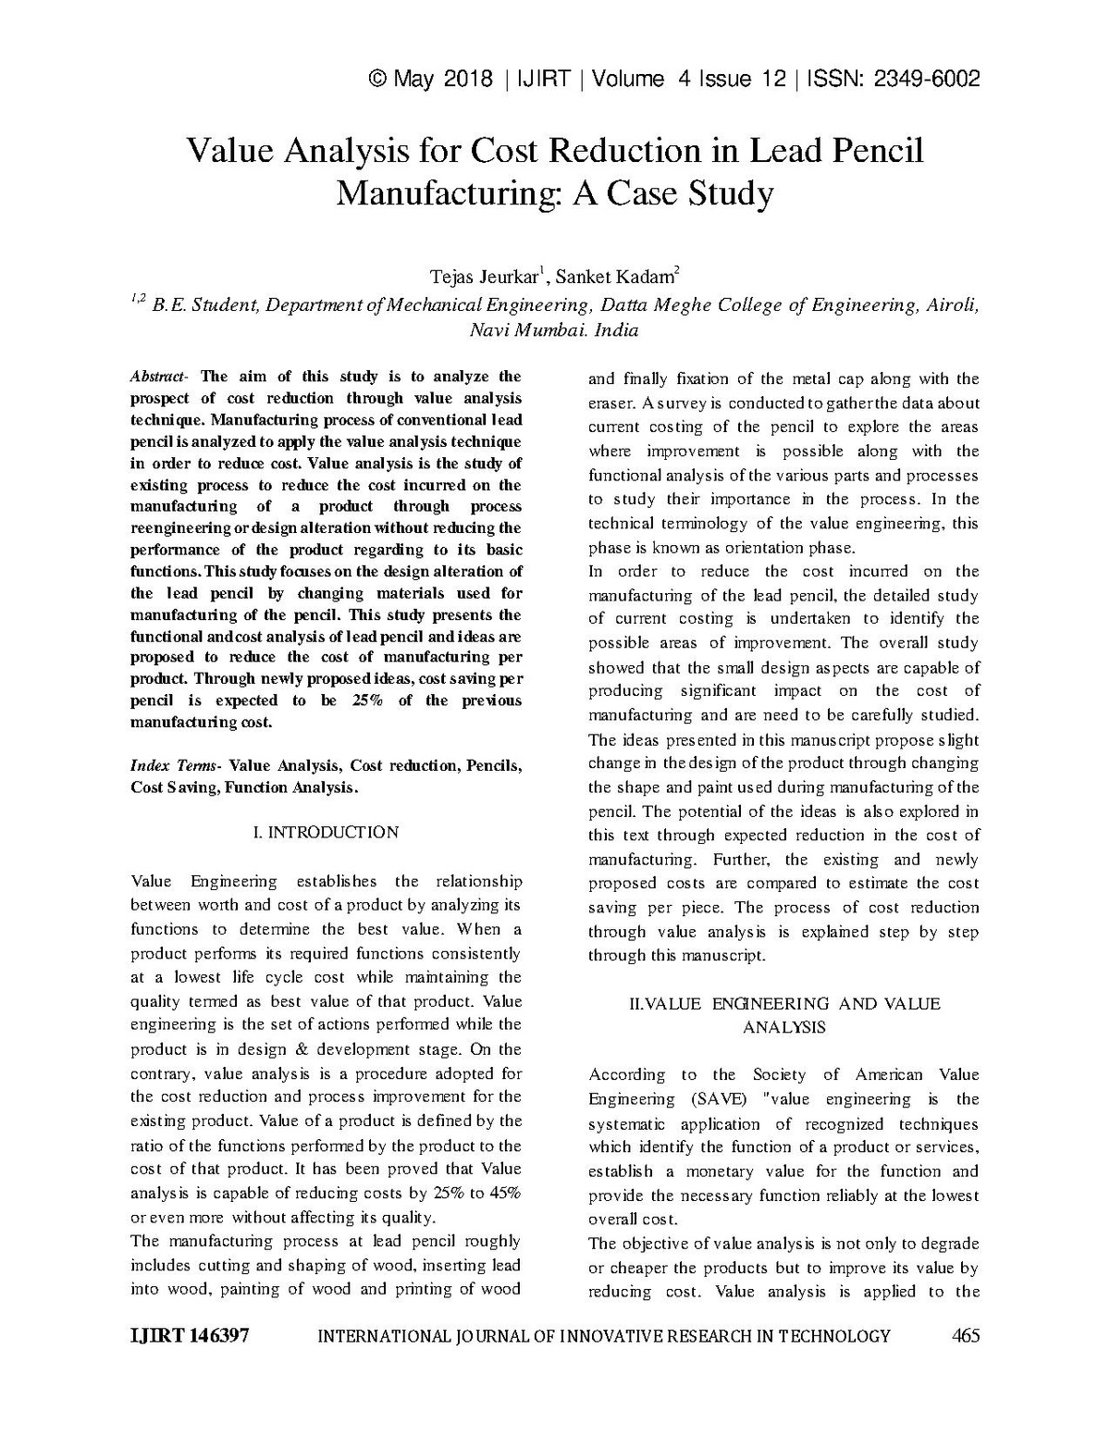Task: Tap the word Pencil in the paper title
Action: click(876, 151)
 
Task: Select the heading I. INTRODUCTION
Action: click(326, 833)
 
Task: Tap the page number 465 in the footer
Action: click(965, 1336)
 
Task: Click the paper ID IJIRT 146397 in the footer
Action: click(190, 1336)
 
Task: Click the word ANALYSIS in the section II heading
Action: click(784, 1027)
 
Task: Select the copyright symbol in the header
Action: click(376, 80)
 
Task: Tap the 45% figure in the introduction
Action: click(505, 1194)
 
